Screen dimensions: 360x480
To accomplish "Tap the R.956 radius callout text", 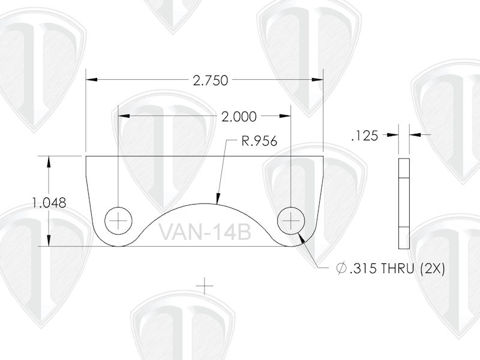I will pyautogui.click(x=259, y=142).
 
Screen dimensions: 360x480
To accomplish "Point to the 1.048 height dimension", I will pyautogui.click(x=49, y=203).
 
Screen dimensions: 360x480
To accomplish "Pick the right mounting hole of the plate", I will pyautogui.click(x=291, y=221).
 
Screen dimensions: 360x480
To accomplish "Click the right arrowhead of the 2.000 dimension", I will pyautogui.click(x=286, y=114).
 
